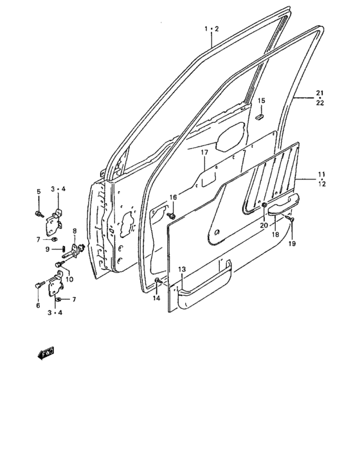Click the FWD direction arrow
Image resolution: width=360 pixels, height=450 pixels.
tap(46, 353)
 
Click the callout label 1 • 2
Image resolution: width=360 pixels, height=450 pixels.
tap(212, 29)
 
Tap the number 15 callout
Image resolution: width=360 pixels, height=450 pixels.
tap(261, 101)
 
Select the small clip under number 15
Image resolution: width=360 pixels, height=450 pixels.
tap(260, 117)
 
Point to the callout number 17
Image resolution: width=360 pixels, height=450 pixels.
tap(204, 152)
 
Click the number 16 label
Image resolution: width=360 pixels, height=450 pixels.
tap(173, 197)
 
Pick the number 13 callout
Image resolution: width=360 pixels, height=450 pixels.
tap(182, 269)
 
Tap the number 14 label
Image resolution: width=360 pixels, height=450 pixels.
tap(156, 298)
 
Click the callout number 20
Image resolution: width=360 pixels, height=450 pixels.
tap(264, 225)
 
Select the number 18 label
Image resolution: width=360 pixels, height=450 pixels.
tap(275, 235)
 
